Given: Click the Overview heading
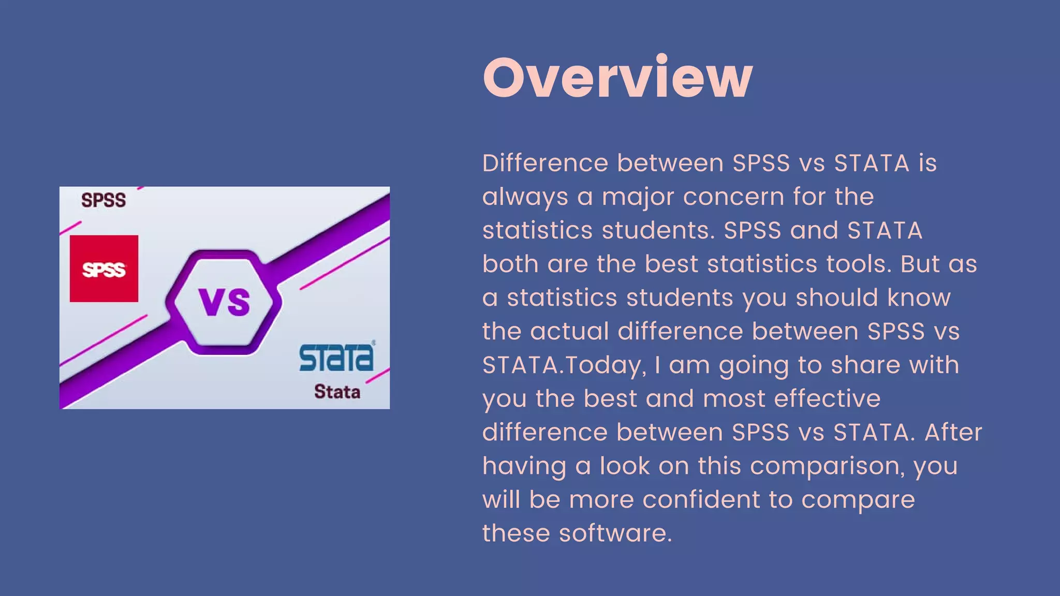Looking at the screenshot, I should (617, 78).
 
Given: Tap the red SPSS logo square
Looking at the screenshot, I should (104, 269).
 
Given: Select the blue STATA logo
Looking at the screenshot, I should (336, 357).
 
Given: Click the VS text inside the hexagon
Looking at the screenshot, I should (225, 302).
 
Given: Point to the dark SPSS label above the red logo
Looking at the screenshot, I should (104, 200).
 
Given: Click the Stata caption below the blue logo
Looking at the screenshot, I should (337, 392).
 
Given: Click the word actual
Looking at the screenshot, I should (569, 331).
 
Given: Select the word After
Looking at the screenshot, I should (953, 432).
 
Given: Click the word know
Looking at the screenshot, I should (919, 297).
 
